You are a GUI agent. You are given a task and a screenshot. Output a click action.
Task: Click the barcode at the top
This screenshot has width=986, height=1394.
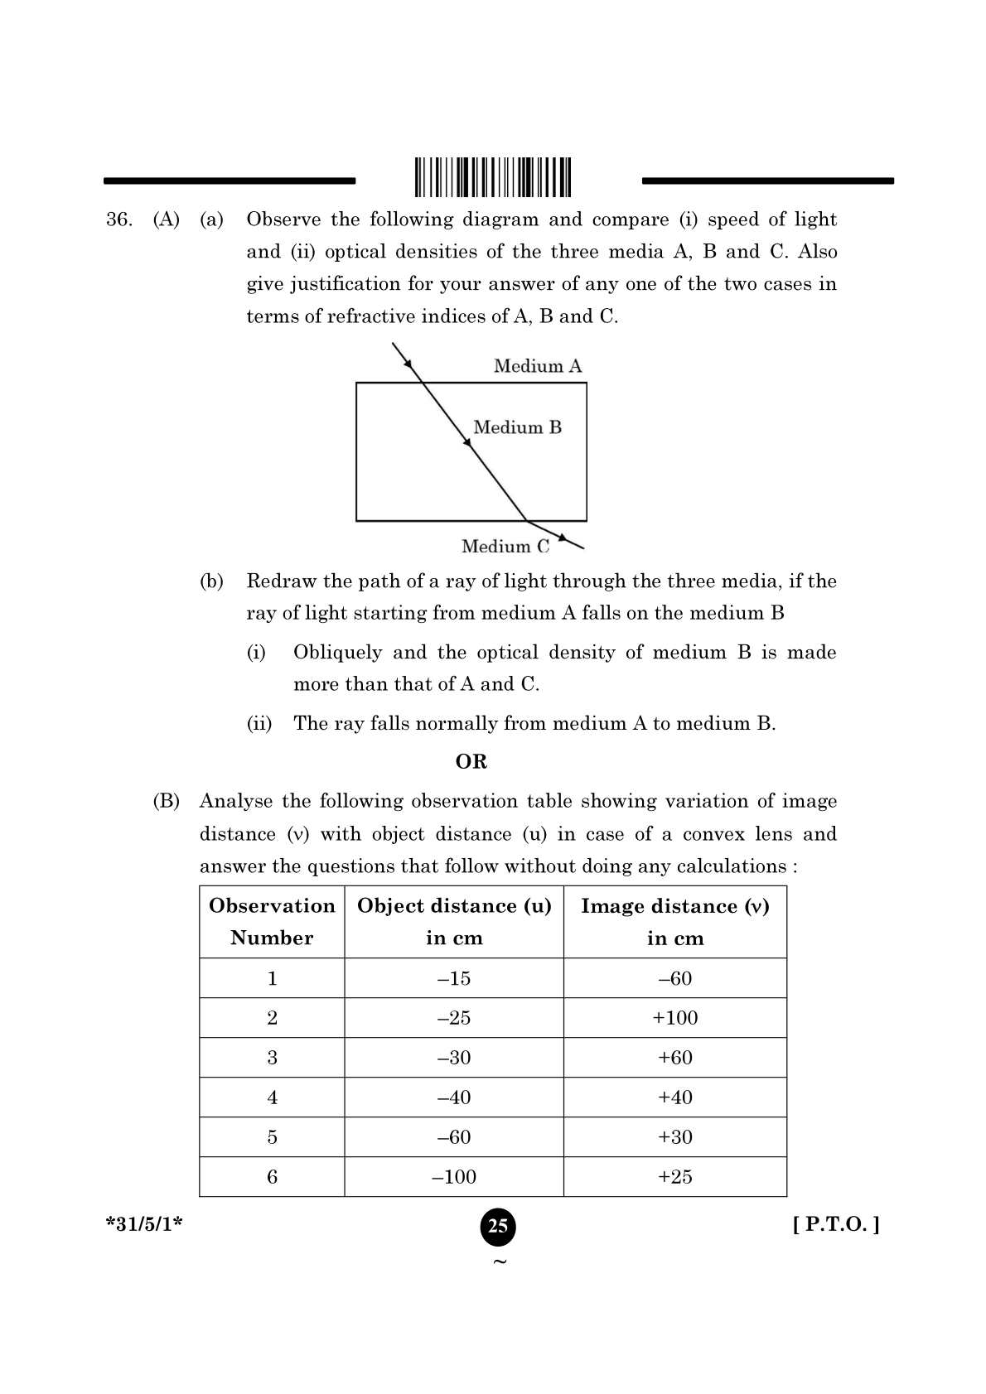(493, 176)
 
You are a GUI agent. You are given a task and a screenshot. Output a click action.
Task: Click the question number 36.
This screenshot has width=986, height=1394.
(118, 219)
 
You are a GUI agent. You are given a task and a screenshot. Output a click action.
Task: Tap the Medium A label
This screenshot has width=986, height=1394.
(538, 366)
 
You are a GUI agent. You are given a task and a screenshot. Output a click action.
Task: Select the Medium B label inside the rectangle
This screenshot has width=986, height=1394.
(517, 427)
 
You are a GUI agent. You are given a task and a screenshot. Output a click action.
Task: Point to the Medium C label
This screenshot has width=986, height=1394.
(505, 547)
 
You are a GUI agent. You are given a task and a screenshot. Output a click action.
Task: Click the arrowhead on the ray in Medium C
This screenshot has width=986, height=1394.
(563, 538)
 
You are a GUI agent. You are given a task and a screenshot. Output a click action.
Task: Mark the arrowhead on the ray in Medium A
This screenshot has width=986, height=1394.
(406, 359)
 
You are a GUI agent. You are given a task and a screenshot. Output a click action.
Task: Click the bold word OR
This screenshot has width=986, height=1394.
(471, 762)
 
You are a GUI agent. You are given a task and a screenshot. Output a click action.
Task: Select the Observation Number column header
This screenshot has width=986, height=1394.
(272, 922)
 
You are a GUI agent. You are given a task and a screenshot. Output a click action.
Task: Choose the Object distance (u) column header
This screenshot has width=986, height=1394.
(454, 922)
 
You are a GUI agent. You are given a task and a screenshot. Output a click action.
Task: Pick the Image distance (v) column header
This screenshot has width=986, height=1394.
(674, 922)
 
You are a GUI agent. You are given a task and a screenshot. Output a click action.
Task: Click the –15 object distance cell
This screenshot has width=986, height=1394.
(454, 978)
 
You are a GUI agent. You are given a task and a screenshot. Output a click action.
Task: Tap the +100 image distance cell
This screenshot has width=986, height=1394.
(674, 1018)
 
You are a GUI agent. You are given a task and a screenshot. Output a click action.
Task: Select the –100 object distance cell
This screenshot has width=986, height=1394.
(454, 1177)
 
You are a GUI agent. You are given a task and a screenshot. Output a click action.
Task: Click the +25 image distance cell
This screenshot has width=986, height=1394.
(674, 1177)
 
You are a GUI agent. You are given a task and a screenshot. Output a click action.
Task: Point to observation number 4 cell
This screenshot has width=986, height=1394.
(272, 1097)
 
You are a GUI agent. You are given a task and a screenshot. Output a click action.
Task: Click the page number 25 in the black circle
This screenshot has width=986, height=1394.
(497, 1226)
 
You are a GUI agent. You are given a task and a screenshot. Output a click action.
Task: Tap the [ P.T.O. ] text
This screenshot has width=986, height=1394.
(835, 1224)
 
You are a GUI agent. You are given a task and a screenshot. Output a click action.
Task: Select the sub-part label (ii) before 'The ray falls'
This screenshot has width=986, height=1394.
(259, 724)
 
